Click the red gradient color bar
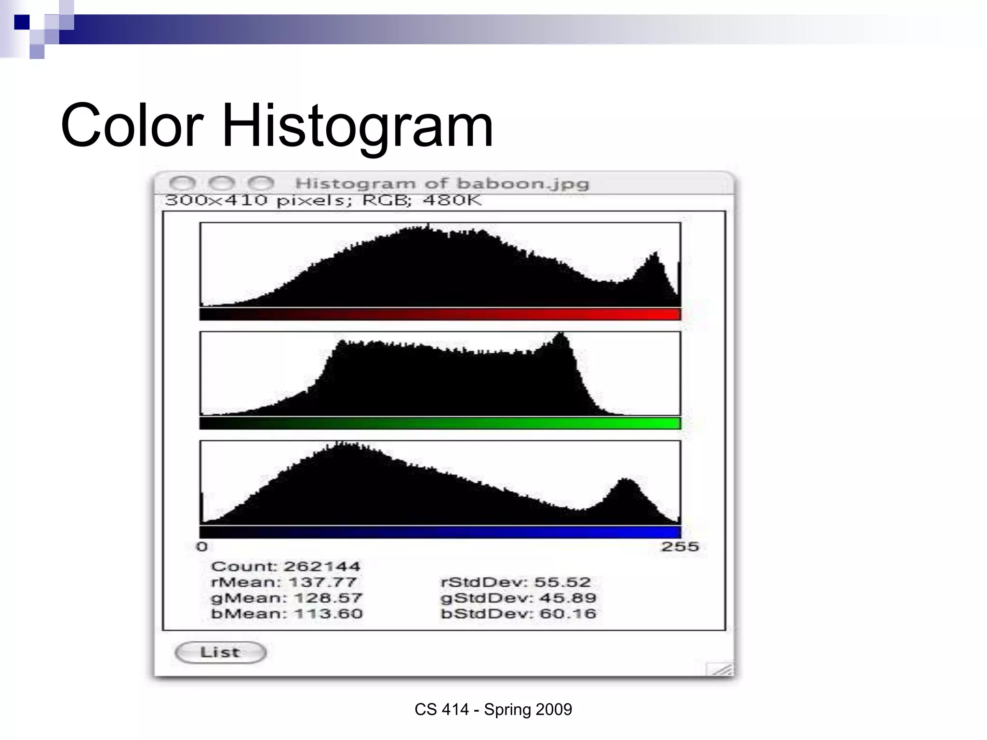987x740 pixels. tap(440, 314)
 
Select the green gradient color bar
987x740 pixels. tap(440, 423)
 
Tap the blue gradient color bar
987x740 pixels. tap(440, 532)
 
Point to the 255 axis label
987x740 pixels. tap(680, 547)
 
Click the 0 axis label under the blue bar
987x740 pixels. tap(202, 547)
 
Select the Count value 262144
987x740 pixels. tap(322, 567)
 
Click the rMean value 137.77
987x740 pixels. tap(322, 582)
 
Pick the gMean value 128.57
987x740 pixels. tap(328, 598)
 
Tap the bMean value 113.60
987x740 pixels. tap(328, 614)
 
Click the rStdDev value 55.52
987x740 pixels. tap(562, 582)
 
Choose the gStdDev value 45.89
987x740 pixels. tap(568, 598)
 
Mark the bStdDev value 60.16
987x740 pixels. tap(568, 614)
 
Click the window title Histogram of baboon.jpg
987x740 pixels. tap(442, 184)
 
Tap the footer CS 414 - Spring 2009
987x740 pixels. tap(493, 709)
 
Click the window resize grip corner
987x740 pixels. tap(721, 670)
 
